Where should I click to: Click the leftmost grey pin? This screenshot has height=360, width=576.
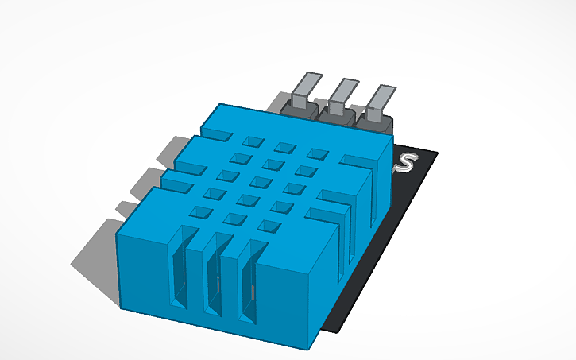(x=305, y=88)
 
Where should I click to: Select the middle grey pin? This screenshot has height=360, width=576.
(x=341, y=91)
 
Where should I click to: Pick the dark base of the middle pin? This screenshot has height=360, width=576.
(x=336, y=114)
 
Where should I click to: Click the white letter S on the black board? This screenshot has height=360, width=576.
(x=407, y=163)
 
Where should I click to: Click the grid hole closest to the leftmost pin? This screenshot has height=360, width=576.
(x=253, y=141)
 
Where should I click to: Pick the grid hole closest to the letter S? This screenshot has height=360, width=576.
(x=317, y=153)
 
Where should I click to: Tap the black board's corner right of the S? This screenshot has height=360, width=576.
(x=436, y=153)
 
